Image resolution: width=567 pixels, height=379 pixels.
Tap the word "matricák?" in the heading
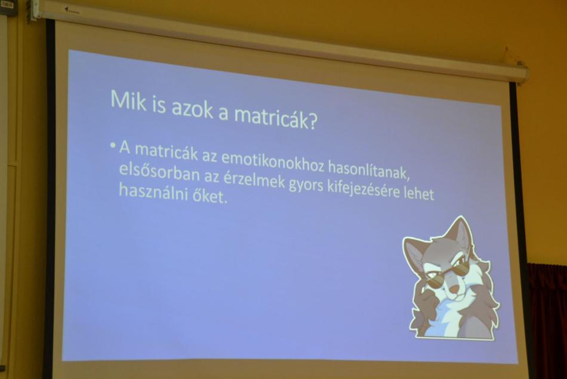276,117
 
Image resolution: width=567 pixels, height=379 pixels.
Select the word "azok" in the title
192,108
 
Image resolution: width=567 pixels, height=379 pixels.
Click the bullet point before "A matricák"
113,146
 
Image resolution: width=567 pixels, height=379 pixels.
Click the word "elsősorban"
159,173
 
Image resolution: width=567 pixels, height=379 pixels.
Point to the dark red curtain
547,319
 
